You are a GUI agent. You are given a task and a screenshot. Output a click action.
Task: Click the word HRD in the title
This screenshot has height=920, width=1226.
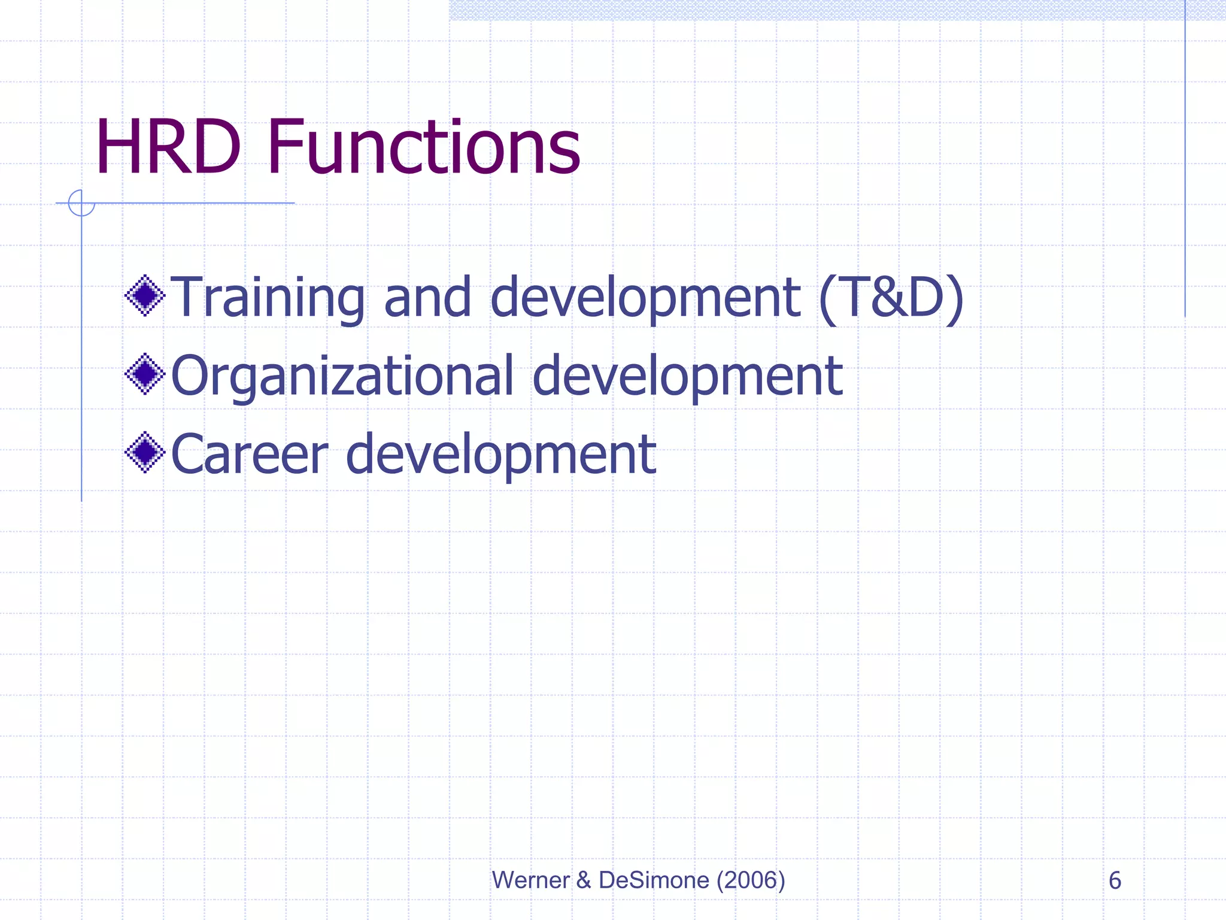point(168,147)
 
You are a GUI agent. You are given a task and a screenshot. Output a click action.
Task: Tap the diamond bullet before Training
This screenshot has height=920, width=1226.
point(145,295)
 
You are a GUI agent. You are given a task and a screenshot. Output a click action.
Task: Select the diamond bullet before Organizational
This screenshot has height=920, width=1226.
point(145,374)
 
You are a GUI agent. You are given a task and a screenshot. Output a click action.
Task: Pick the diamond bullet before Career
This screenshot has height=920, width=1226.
point(145,452)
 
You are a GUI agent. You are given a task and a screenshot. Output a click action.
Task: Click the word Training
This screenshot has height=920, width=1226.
point(268,298)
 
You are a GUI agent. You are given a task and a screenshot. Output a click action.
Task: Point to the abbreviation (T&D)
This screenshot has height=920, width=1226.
point(891,298)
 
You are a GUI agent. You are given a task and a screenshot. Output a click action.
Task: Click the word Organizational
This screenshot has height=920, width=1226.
point(342,376)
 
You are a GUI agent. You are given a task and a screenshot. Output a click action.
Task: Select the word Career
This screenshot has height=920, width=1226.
point(250,455)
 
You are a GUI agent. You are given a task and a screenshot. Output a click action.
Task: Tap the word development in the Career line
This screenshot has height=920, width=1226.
point(501,455)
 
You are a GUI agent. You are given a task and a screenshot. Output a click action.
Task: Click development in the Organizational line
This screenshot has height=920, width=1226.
point(687,376)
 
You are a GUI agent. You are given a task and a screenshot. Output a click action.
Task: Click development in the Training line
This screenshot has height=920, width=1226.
point(645,298)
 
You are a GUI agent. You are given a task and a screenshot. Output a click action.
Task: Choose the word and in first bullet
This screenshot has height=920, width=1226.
point(427,298)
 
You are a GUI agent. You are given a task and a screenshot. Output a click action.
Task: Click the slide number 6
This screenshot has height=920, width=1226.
point(1115,880)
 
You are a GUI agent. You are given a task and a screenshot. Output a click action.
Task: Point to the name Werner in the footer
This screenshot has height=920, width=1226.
point(530,880)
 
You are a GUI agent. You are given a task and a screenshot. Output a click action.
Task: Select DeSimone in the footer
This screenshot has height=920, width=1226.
point(654,880)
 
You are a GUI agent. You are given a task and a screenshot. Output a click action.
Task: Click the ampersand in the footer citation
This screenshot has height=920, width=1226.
point(583,880)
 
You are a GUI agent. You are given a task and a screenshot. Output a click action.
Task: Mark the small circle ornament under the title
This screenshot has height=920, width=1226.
point(81,202)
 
